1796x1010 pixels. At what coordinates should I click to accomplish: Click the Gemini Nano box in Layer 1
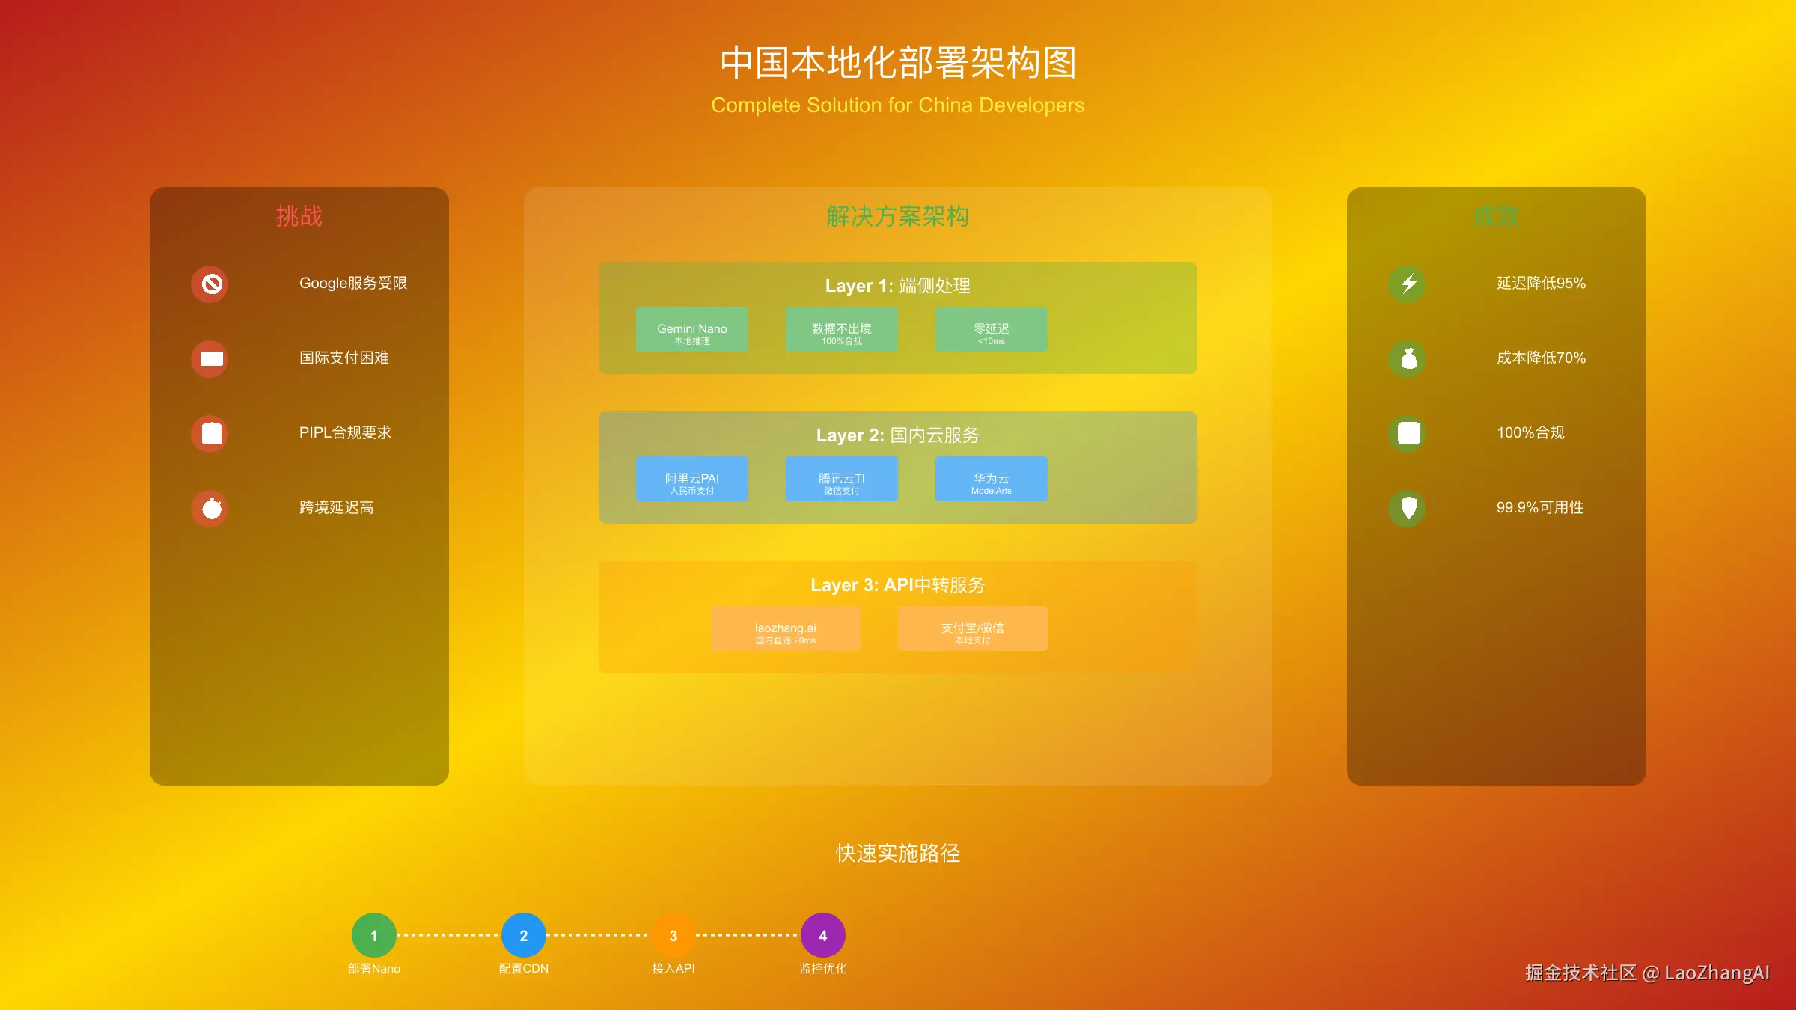pyautogui.click(x=691, y=329)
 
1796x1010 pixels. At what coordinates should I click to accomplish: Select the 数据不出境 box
pyautogui.click(x=841, y=329)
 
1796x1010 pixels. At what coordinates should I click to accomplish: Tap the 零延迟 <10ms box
pyautogui.click(x=991, y=329)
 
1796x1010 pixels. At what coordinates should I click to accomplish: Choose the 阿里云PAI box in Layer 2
pyautogui.click(x=691, y=479)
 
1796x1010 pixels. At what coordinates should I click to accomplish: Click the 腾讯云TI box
pyautogui.click(x=841, y=479)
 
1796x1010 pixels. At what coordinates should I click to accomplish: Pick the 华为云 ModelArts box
pyautogui.click(x=991, y=479)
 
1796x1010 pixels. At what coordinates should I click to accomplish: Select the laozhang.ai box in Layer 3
pyautogui.click(x=785, y=628)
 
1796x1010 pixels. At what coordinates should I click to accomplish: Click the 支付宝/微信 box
pyautogui.click(x=972, y=628)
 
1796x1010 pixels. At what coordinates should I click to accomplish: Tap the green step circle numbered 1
pyautogui.click(x=373, y=935)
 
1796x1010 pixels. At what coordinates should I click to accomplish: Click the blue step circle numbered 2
pyautogui.click(x=523, y=935)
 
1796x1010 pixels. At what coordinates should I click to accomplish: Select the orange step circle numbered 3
pyautogui.click(x=673, y=935)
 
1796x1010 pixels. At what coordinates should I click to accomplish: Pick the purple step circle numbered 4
pyautogui.click(x=822, y=935)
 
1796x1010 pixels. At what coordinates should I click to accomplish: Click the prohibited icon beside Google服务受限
pyautogui.click(x=211, y=284)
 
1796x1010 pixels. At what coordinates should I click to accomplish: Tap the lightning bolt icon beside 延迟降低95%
pyautogui.click(x=1408, y=284)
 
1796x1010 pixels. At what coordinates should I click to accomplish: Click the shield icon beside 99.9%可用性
pyautogui.click(x=1408, y=509)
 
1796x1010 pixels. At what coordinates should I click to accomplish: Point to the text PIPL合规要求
pyautogui.click(x=345, y=432)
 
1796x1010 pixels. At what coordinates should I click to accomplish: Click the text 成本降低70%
pyautogui.click(x=1541, y=358)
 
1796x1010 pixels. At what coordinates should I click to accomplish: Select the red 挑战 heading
pyautogui.click(x=299, y=216)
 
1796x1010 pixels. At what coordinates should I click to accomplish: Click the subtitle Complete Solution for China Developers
pyautogui.click(x=897, y=105)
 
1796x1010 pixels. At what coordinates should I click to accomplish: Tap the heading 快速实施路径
pyautogui.click(x=897, y=853)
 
